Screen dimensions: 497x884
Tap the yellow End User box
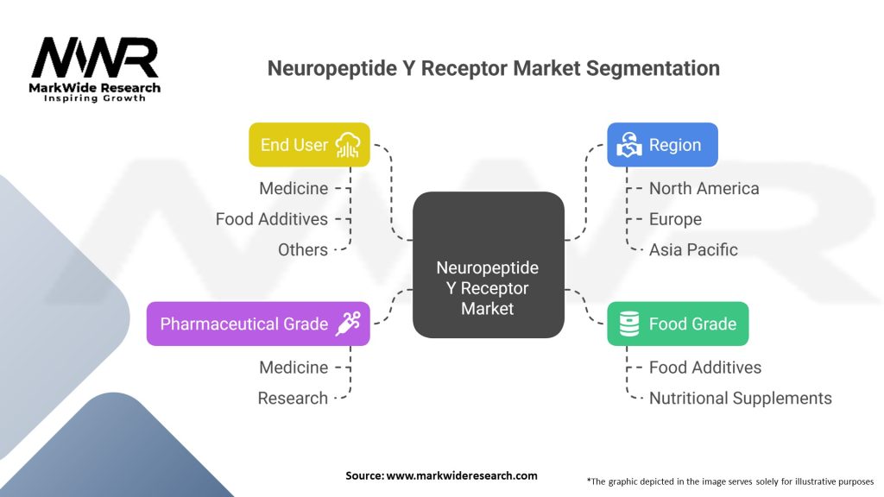(309, 145)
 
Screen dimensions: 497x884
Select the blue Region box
(662, 145)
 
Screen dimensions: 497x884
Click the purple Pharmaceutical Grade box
(258, 324)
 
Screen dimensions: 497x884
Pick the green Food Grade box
(678, 324)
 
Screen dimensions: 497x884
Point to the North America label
(704, 188)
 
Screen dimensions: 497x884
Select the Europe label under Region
(675, 219)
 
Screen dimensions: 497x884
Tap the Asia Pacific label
(693, 249)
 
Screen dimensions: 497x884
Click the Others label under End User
(303, 249)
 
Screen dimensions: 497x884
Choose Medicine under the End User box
(294, 188)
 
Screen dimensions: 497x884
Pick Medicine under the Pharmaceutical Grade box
(294, 367)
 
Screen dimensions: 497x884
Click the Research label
(293, 398)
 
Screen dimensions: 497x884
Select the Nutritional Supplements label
(740, 398)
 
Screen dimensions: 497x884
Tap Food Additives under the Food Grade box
(704, 367)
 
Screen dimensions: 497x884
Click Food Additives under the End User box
(272, 219)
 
